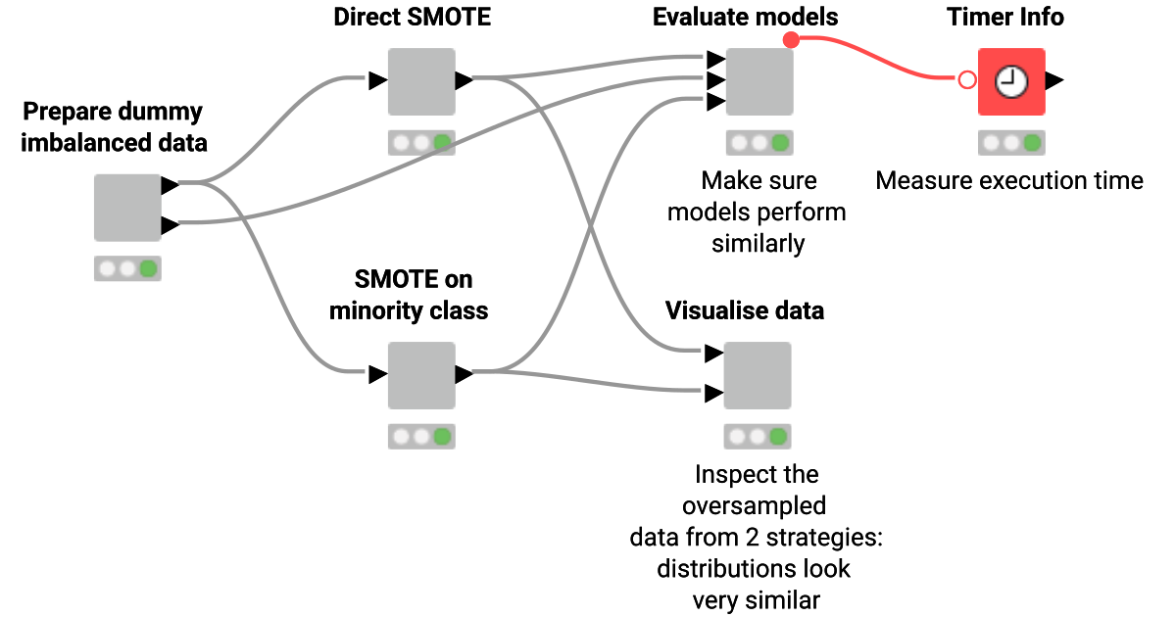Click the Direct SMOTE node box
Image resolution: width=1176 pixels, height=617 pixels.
[x=421, y=81]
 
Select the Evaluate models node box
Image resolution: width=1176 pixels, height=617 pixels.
[x=759, y=81]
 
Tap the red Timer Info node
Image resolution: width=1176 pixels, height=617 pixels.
[x=1011, y=81]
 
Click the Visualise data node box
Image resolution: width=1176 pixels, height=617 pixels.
[x=757, y=375]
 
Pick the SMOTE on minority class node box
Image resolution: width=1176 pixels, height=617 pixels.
[x=421, y=375]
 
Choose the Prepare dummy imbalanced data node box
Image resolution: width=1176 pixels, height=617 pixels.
[x=127, y=208]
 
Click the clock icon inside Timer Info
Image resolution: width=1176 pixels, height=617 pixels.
[x=1011, y=82]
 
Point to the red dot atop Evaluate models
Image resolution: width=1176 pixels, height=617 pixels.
[x=792, y=39]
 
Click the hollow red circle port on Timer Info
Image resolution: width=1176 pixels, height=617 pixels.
[x=967, y=80]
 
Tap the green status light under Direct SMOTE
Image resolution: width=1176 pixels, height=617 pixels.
[x=443, y=143]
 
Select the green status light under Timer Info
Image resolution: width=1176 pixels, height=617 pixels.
[x=1032, y=143]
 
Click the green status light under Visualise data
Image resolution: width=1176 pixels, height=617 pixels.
[x=779, y=437]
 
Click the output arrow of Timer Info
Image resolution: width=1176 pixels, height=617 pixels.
[x=1054, y=81]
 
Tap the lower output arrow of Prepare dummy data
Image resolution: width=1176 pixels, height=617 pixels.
[x=170, y=225]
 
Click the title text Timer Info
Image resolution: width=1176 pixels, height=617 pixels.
[x=1005, y=17]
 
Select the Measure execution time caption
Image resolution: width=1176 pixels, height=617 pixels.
[x=1009, y=181]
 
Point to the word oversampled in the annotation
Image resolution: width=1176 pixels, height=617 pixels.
[x=755, y=506]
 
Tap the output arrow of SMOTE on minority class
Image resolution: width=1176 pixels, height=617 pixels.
[x=465, y=374]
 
